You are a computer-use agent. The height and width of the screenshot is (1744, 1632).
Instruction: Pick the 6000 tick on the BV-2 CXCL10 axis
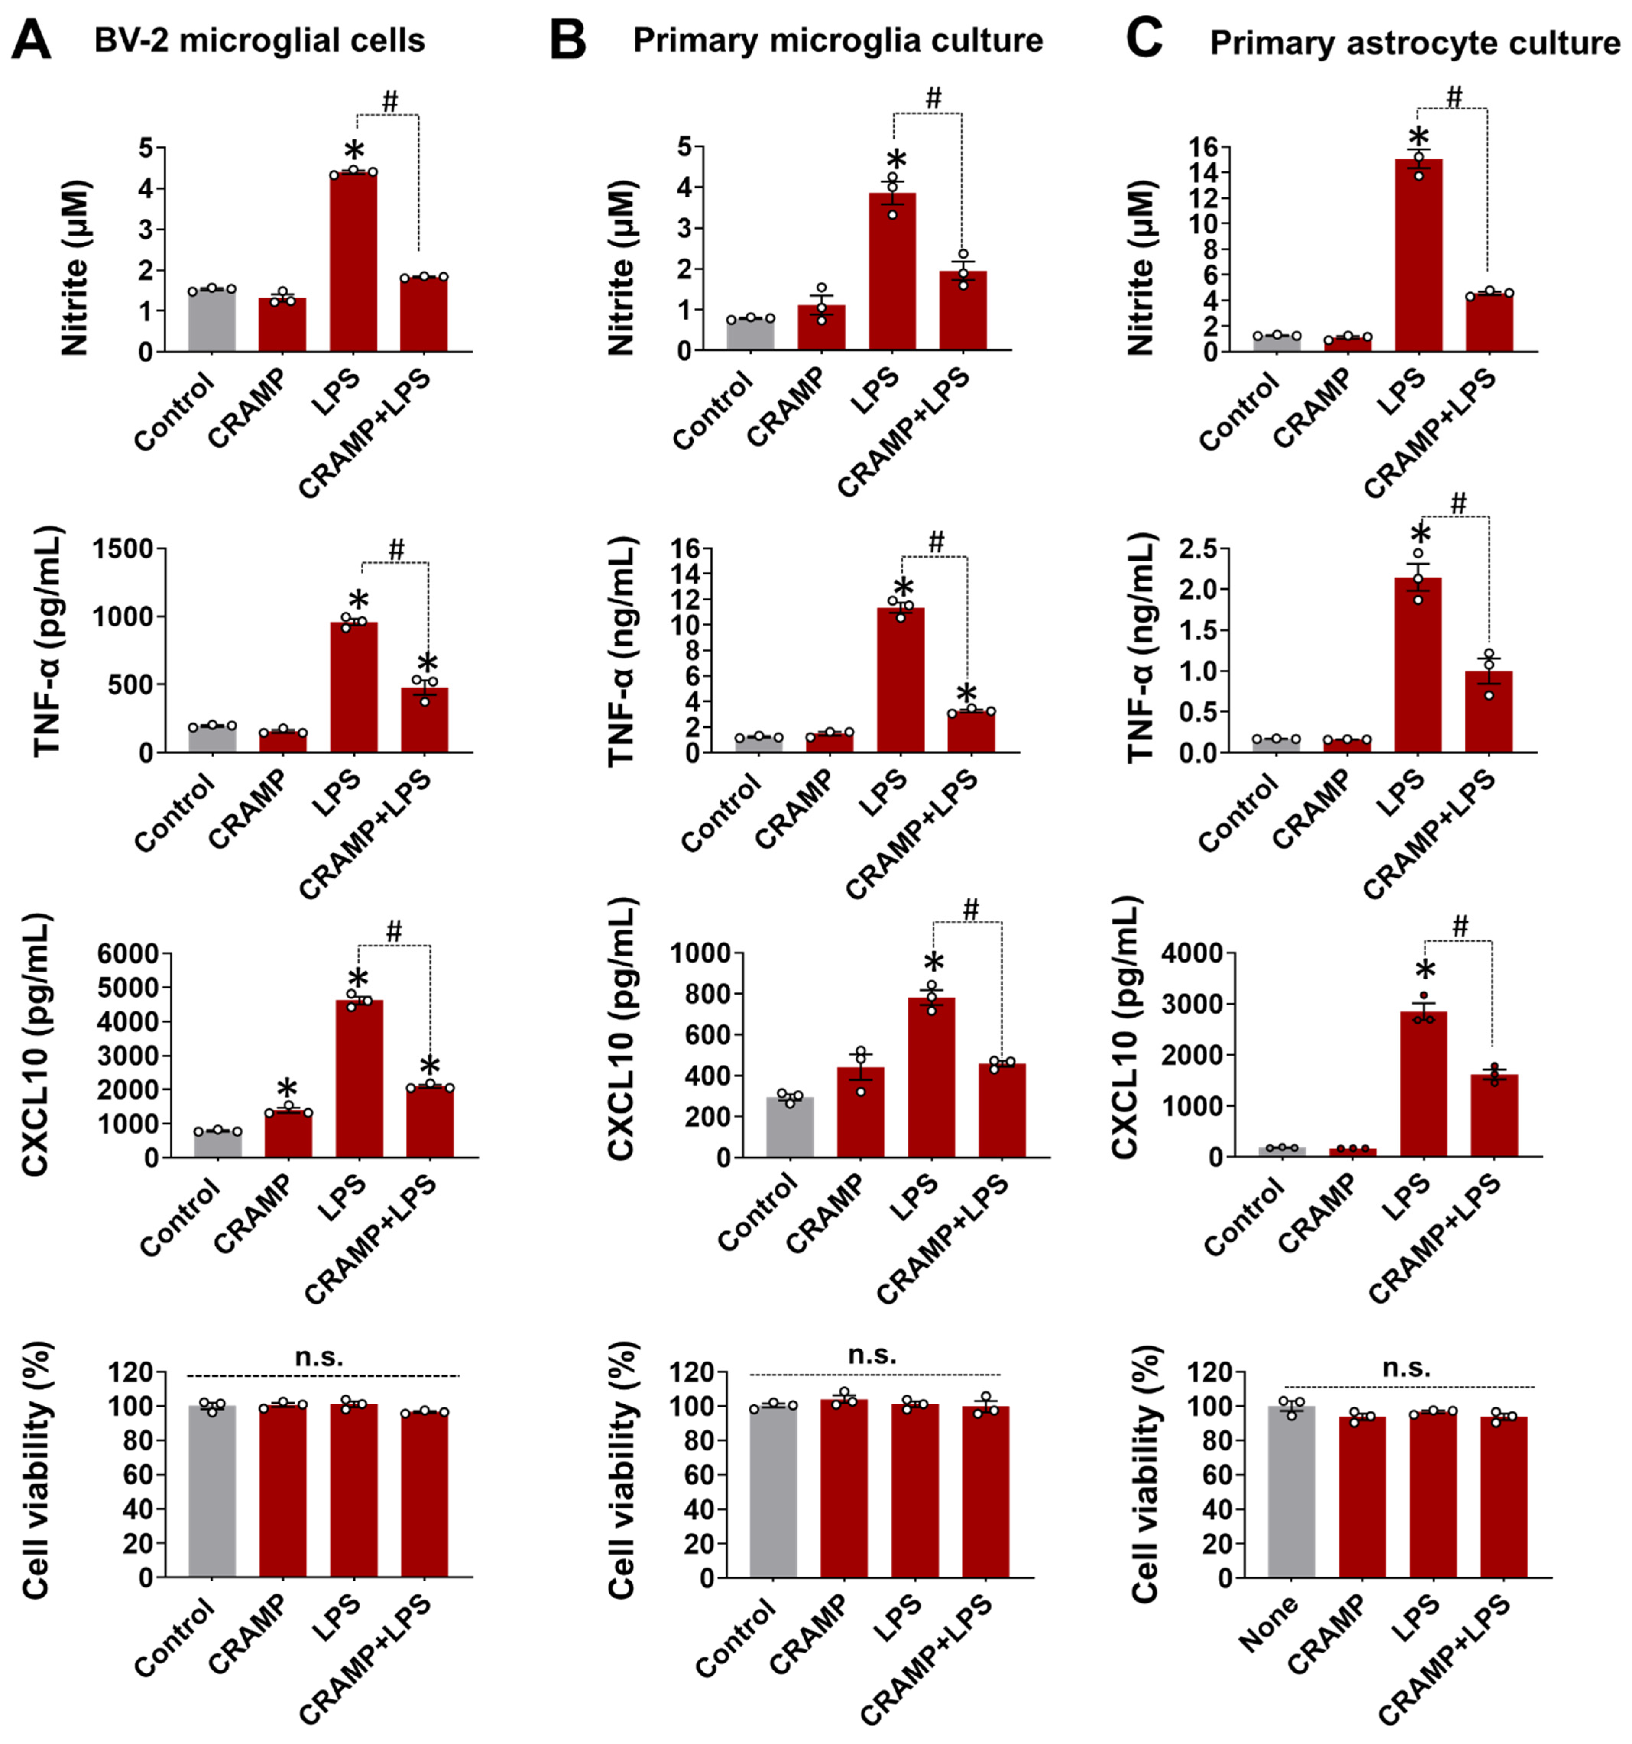tap(128, 954)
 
